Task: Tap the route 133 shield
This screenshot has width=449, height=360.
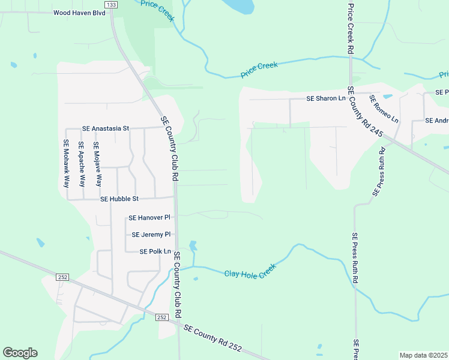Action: click(x=110, y=4)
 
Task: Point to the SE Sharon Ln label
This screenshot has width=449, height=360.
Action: click(x=326, y=98)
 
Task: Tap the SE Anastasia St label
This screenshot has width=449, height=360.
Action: click(x=106, y=128)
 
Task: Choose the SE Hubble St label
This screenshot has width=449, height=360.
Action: click(x=119, y=199)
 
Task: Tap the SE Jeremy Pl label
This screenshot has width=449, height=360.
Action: click(x=151, y=235)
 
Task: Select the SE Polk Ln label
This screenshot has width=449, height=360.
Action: click(x=155, y=252)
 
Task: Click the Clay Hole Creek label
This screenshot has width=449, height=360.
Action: click(x=250, y=271)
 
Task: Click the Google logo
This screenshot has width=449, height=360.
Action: click(x=20, y=353)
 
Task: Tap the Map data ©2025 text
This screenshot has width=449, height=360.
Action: click(x=423, y=355)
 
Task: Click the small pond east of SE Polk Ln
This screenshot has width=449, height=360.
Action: click(x=193, y=245)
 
